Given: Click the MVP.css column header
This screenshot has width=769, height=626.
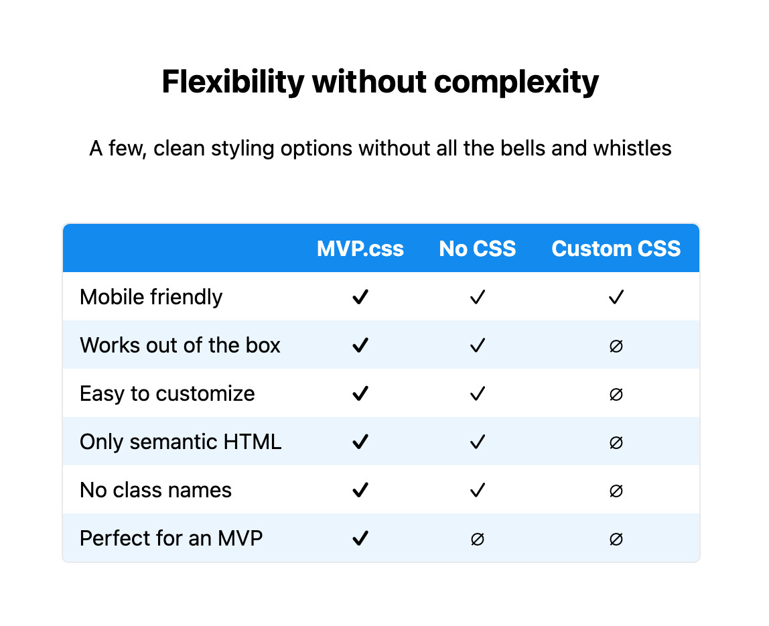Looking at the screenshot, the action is (x=360, y=249).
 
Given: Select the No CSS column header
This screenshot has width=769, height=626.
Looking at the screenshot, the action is (x=477, y=249).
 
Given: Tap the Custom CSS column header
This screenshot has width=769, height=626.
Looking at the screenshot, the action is (x=616, y=249).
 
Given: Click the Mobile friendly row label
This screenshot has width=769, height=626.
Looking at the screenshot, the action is (x=151, y=298).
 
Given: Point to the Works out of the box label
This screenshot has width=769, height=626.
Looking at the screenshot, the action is (x=180, y=345).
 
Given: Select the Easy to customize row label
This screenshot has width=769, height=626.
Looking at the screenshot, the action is (x=167, y=394).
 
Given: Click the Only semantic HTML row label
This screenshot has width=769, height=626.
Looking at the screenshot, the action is (x=180, y=442).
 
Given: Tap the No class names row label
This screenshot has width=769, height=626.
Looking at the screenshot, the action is (x=155, y=490).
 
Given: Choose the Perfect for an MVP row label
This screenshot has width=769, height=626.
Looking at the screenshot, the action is (x=171, y=538).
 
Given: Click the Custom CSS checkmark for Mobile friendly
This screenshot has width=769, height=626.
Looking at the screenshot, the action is (x=616, y=298).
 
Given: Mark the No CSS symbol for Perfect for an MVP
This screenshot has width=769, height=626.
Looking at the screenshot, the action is (x=477, y=539).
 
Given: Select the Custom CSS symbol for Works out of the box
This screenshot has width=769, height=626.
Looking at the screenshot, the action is (x=616, y=347).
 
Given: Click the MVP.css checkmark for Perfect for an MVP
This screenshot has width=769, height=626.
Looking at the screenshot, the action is (x=360, y=539).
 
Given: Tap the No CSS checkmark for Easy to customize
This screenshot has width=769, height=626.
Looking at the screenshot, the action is (x=477, y=394).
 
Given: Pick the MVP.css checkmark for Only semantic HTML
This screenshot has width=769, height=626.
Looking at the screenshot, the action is (x=360, y=442).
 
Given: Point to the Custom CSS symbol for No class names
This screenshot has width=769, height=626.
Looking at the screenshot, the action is (x=616, y=491).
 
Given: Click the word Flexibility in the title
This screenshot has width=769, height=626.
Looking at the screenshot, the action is (x=233, y=82).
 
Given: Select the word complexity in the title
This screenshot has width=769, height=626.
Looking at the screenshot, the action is (x=516, y=82).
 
